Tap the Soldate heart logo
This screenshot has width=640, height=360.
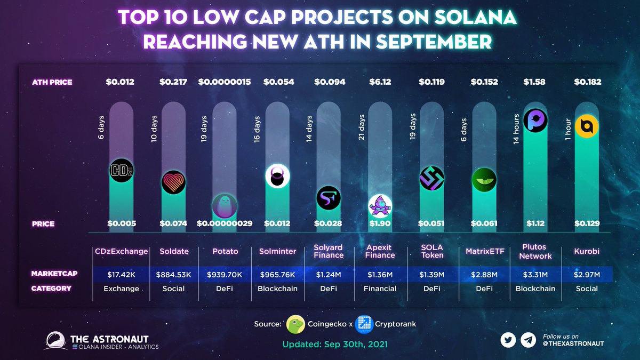tap(173, 182)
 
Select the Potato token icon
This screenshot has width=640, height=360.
tap(225, 205)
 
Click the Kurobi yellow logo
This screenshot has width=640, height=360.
tap(587, 126)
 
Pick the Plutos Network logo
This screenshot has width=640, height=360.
tap(535, 120)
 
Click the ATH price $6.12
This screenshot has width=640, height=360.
tap(381, 82)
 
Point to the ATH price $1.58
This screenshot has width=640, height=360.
tap(535, 82)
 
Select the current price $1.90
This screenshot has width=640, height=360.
tap(381, 223)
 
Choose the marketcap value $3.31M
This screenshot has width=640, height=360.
tap(535, 274)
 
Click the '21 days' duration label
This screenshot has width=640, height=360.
tap(362, 127)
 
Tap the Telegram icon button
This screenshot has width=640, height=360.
tap(528, 340)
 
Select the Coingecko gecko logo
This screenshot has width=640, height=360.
tap(295, 324)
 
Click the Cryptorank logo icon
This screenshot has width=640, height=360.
tap(364, 324)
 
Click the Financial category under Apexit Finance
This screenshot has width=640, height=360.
tap(380, 289)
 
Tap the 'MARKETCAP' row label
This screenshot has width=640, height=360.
tap(54, 274)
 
